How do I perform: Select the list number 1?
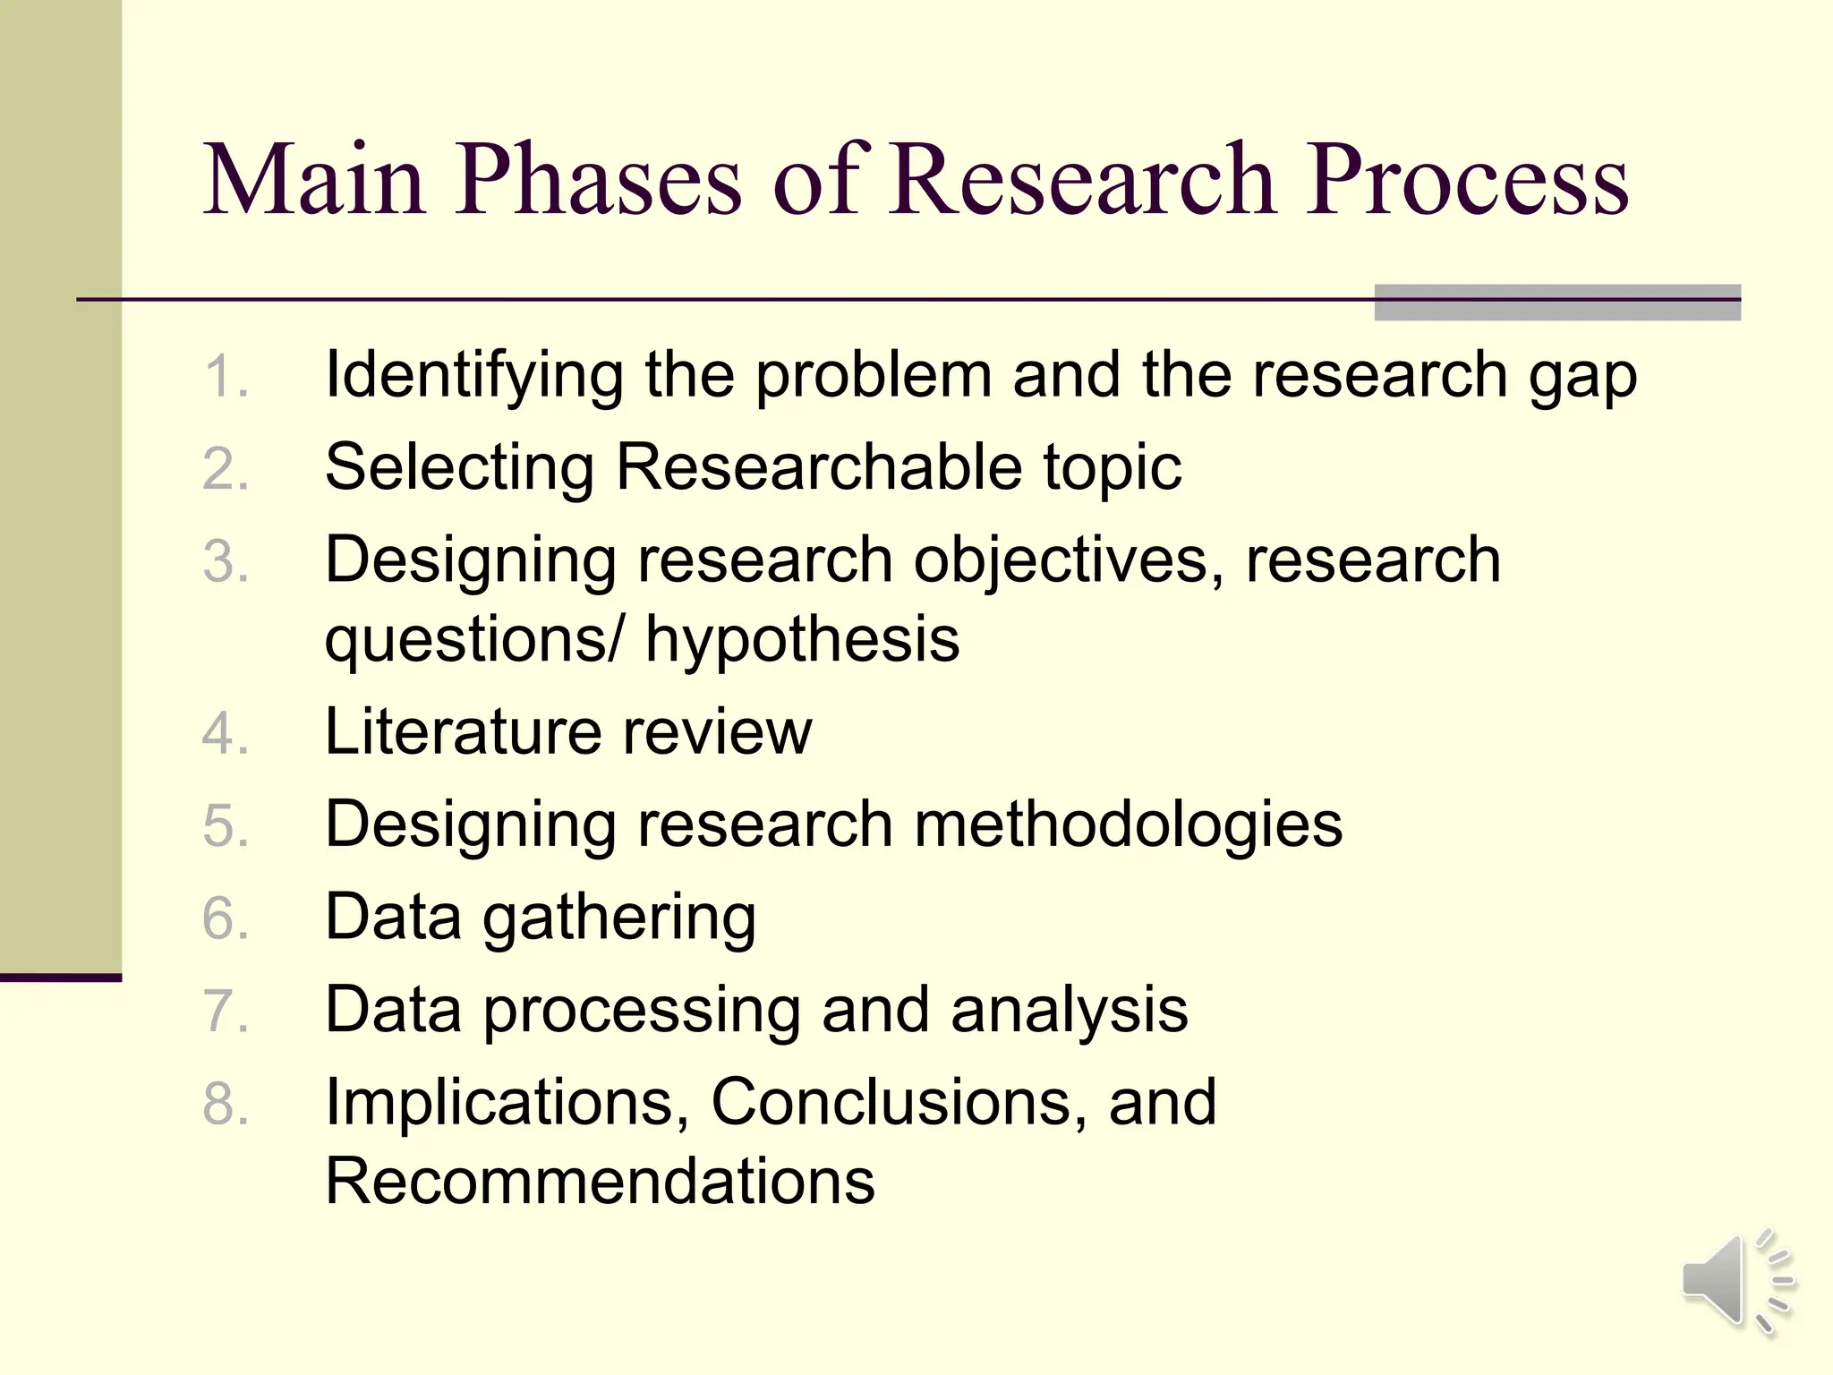225,377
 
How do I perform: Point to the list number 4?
225,734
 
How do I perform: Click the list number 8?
225,1104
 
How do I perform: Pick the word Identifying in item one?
473,376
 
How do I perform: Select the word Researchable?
818,467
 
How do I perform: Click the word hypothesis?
802,641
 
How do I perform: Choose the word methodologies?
1128,825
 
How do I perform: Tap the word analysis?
1069,1011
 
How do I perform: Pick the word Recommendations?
600,1182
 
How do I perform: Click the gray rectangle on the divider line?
1556,303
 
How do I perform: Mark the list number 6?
225,919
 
